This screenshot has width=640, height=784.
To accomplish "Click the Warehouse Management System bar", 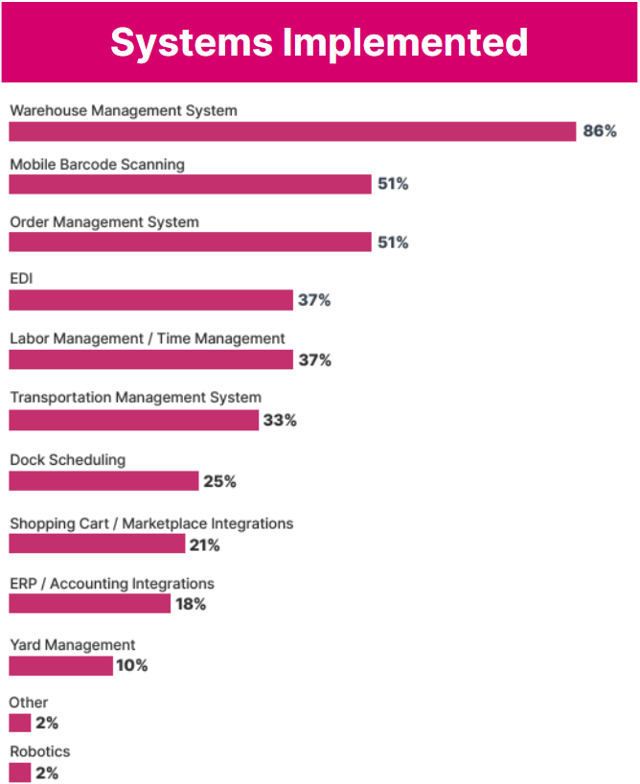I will [291, 131].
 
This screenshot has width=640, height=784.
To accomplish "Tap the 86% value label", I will [600, 131].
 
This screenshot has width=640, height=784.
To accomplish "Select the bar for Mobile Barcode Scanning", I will [190, 184].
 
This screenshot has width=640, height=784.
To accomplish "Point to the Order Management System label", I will [104, 222].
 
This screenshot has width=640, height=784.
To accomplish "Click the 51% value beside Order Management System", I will [393, 242].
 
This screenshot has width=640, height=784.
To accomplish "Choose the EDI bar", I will [150, 301].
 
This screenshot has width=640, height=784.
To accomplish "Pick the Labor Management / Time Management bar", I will [150, 359].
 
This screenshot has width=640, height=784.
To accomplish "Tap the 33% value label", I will [280, 421].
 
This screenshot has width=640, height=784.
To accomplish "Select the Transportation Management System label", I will [135, 398].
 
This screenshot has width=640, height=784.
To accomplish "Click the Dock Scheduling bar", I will [103, 481].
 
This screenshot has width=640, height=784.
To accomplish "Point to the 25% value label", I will [219, 481].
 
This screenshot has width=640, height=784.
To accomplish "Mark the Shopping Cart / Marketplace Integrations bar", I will [97, 544].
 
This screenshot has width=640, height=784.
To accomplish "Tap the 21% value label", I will [204, 545].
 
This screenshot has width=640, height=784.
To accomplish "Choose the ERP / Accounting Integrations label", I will [112, 584].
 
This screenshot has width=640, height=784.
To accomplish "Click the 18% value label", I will [190, 605].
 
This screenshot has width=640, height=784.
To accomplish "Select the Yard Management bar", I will [60, 665].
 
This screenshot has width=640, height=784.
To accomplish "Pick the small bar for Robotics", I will [20, 772].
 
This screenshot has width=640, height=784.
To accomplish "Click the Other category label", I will [29, 703].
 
